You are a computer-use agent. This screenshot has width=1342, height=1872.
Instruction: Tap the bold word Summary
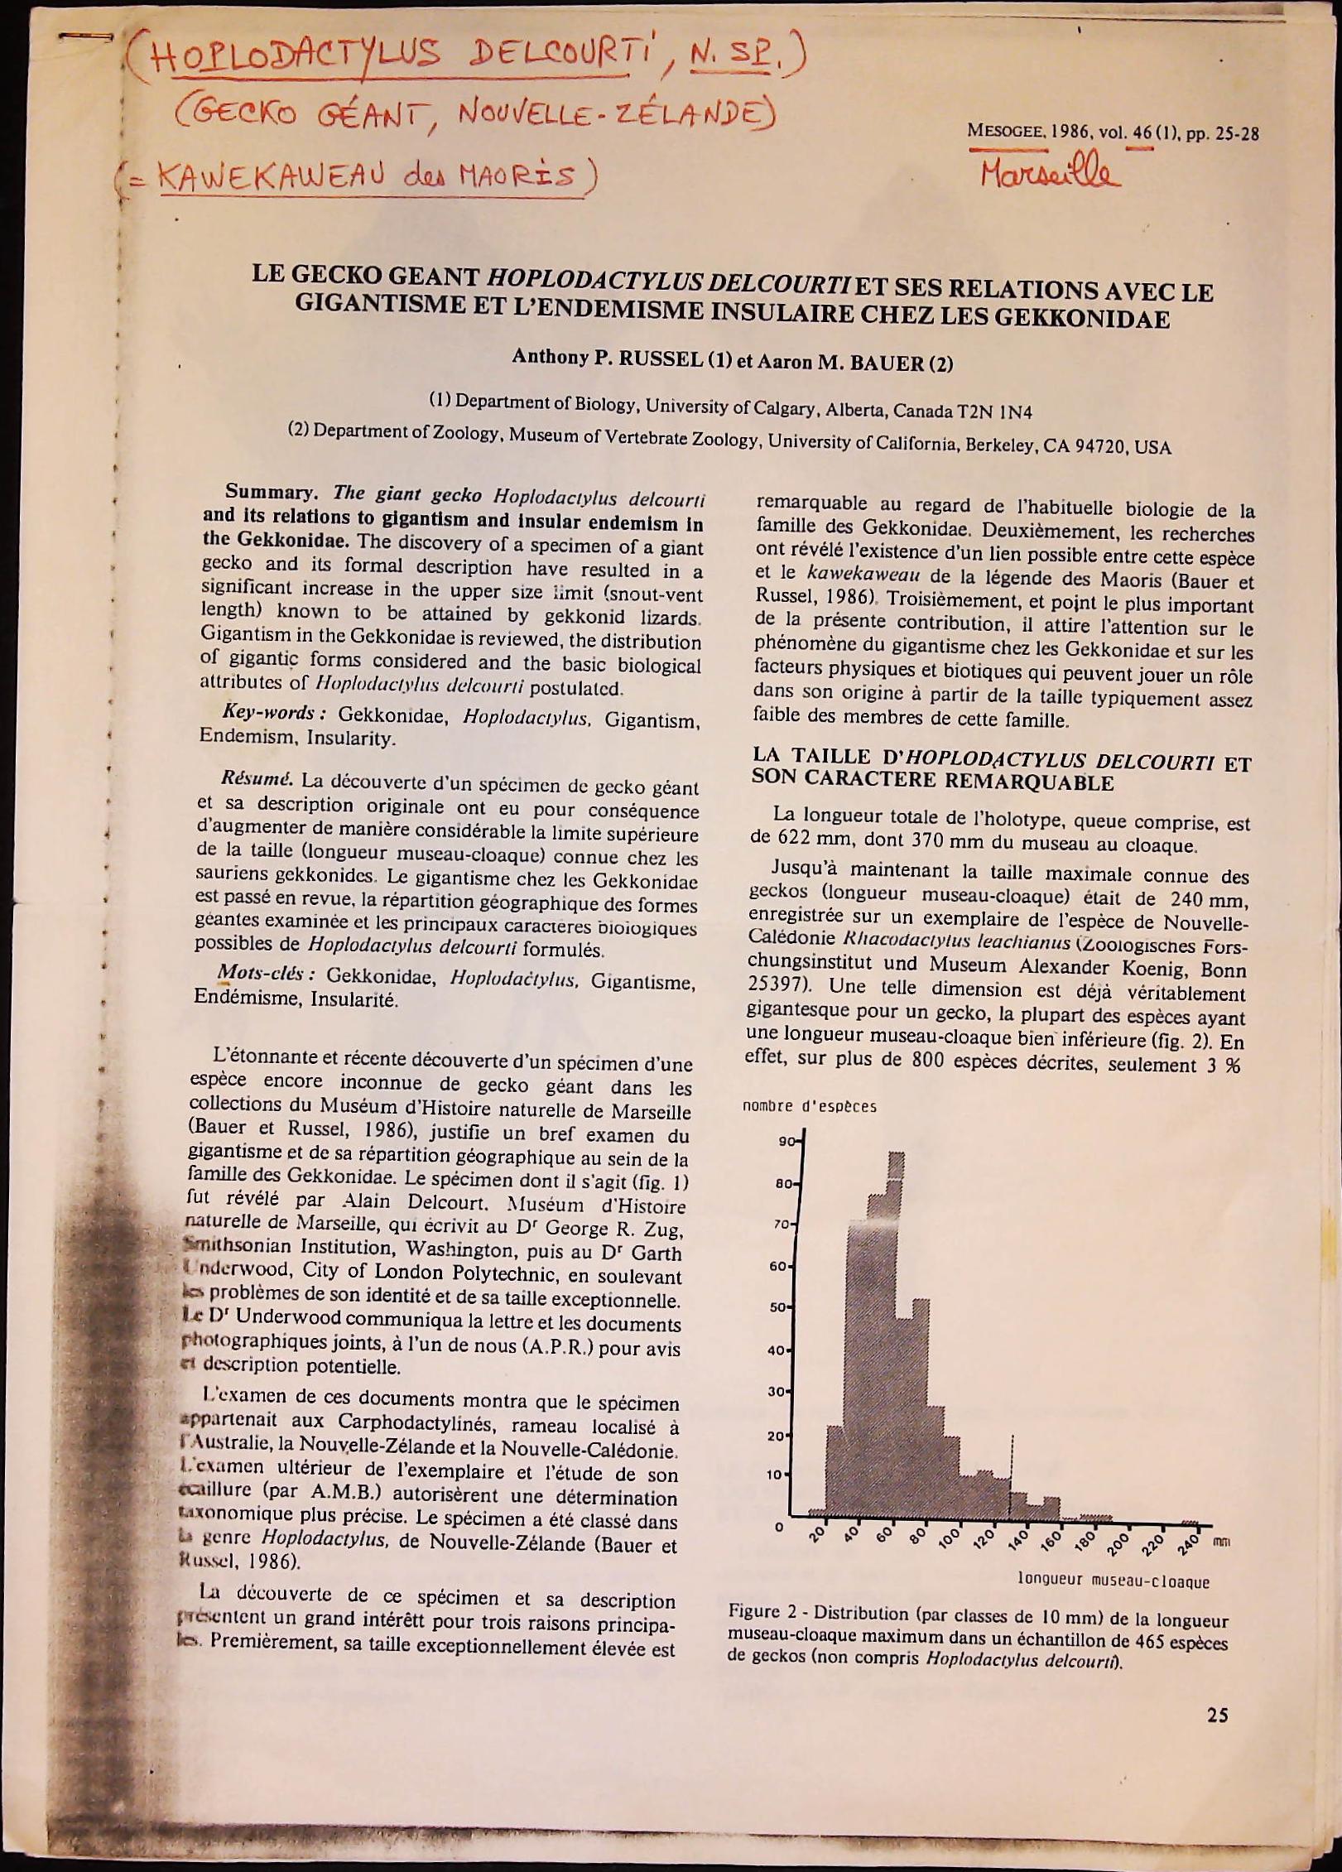277,494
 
